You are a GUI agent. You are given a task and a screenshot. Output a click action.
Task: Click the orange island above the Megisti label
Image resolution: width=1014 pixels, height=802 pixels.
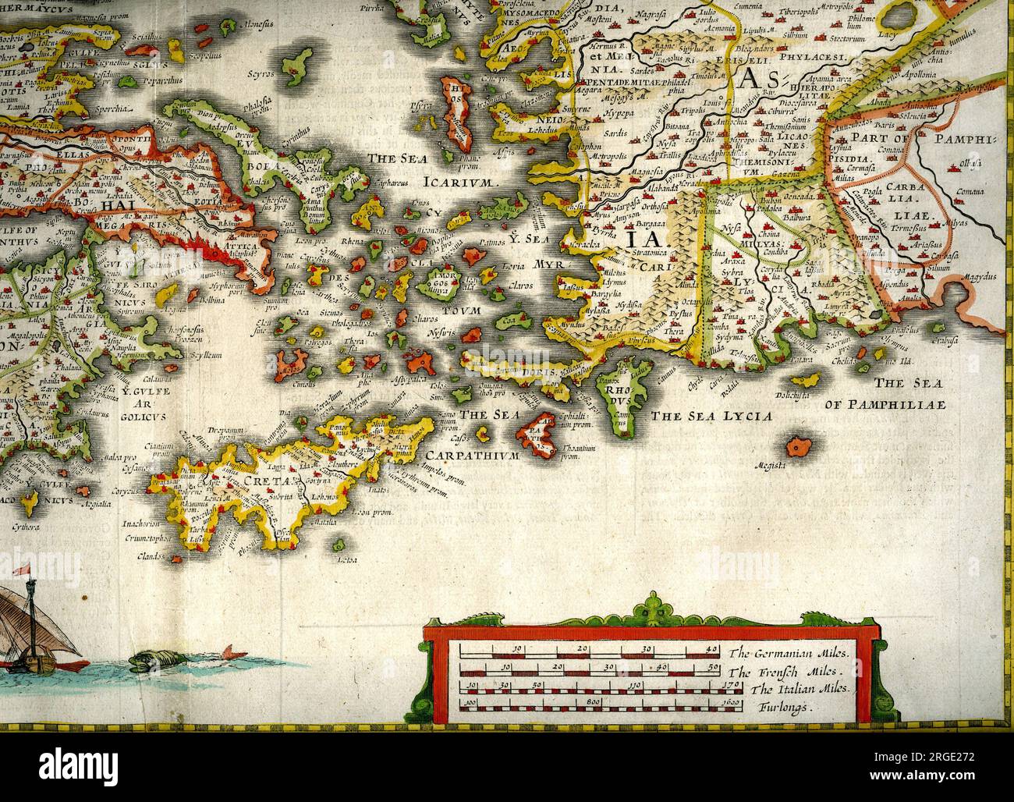(x=798, y=446)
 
